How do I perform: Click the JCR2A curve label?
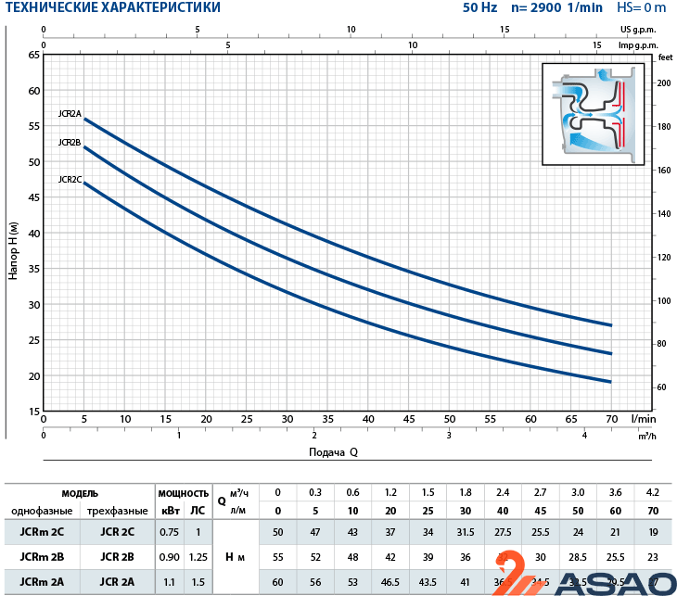(x=70, y=114)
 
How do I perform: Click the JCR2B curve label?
(x=70, y=143)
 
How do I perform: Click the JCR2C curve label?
(x=70, y=179)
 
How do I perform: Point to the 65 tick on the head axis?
(x=34, y=56)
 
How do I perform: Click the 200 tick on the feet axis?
(x=663, y=82)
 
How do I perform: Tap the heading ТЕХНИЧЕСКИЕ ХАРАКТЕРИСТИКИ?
(x=111, y=8)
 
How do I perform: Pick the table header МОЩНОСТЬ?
(x=183, y=493)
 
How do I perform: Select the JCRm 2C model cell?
(x=34, y=531)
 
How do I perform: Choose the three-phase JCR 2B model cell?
(x=118, y=557)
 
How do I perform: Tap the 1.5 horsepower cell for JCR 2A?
(x=197, y=582)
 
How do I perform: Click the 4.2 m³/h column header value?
(x=653, y=492)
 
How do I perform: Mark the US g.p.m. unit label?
(x=639, y=30)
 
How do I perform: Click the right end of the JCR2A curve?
(x=611, y=325)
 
